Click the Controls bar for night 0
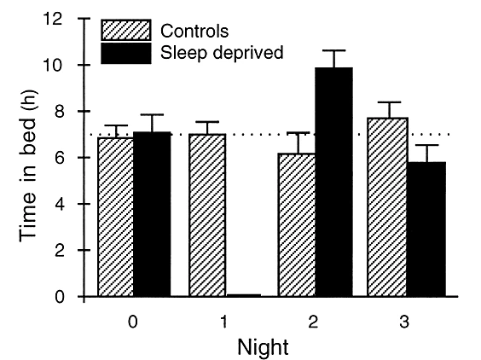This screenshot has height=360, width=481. [x=116, y=218]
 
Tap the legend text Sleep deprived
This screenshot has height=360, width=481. [x=222, y=52]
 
